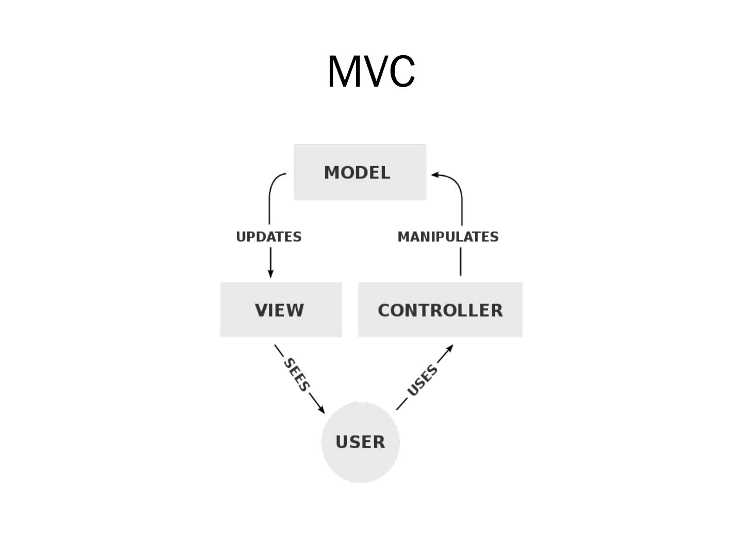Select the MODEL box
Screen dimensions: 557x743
point(360,172)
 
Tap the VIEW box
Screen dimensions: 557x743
point(281,309)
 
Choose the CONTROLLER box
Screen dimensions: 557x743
point(440,309)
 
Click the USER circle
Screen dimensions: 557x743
point(360,442)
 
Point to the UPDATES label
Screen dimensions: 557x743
point(268,237)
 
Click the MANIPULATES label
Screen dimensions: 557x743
point(448,237)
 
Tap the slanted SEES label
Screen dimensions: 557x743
point(297,374)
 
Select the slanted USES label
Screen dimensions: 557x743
point(422,381)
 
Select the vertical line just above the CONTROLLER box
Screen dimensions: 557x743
point(460,261)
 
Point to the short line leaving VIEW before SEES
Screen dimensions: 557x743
point(279,351)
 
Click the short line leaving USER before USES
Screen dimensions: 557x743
point(401,405)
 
